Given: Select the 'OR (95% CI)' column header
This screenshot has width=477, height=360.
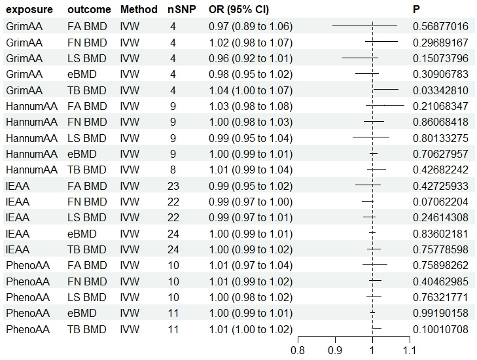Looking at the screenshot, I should (x=234, y=10).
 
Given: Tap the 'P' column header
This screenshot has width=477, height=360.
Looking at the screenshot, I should (x=416, y=10).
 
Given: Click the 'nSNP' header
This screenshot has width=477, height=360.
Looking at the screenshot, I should (x=173, y=10).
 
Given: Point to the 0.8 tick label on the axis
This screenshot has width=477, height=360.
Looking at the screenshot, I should (x=298, y=350).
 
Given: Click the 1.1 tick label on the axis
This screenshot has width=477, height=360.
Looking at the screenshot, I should (x=409, y=350).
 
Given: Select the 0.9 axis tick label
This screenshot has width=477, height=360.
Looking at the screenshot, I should (x=335, y=350).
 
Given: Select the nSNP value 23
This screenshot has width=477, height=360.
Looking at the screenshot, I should (x=173, y=185).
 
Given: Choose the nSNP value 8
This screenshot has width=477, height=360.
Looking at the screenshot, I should (x=173, y=170).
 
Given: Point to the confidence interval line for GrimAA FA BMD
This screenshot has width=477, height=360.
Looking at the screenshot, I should (x=364, y=26).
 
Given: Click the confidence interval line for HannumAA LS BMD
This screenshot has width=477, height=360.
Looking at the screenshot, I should (x=370, y=137).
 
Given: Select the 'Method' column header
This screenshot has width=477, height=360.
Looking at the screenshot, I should (x=139, y=10).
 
